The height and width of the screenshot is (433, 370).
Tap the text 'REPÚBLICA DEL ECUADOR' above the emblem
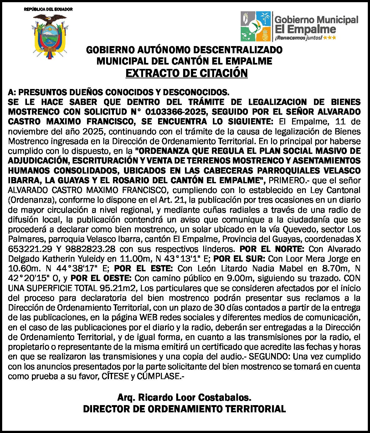pos(49,9)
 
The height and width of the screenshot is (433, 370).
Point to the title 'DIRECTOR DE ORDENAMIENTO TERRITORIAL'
pos(184,409)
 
